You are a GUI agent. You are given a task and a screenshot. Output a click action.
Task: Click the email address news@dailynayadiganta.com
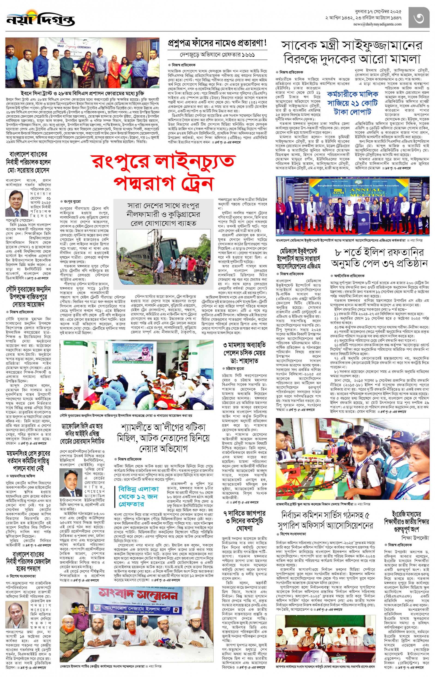click(377, 24)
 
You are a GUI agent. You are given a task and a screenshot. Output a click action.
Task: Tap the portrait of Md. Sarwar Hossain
click(17, 203)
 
